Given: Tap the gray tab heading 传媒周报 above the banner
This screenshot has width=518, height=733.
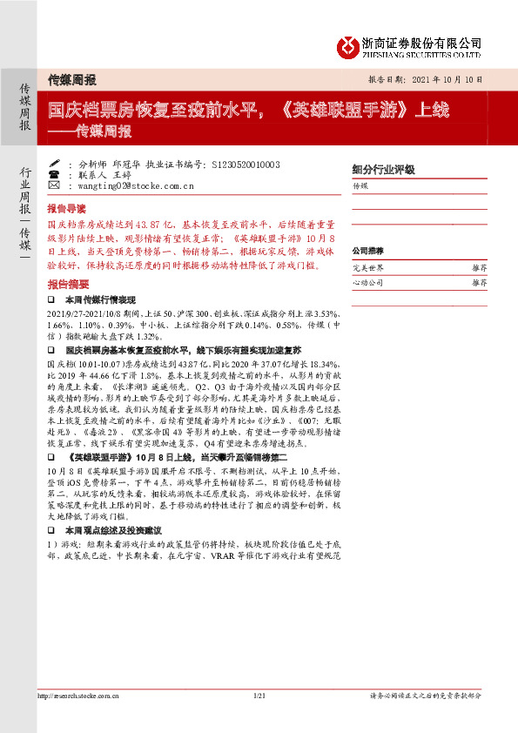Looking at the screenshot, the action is [71, 79].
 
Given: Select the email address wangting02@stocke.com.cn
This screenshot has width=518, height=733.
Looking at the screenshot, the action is [135, 185].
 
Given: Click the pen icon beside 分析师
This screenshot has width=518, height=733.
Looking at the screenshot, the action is [55, 163].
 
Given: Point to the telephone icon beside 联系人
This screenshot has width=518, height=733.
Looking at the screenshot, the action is [55, 174].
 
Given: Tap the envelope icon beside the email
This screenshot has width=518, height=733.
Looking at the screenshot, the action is [55, 185].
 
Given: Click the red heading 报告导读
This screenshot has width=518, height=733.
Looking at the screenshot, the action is [66, 209].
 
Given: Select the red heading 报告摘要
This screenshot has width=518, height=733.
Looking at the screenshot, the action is [66, 285].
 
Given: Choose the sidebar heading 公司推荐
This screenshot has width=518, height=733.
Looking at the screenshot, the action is [367, 250].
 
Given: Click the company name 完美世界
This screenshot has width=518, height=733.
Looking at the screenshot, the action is [367, 268].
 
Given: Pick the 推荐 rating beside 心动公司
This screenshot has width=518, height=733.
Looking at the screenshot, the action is [480, 283].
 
